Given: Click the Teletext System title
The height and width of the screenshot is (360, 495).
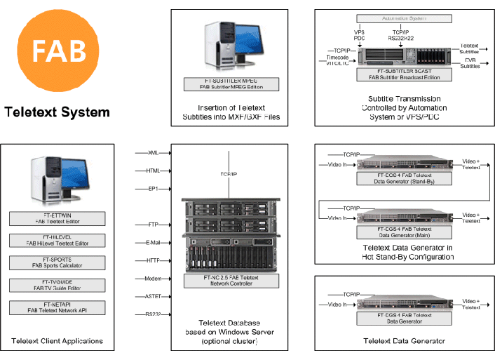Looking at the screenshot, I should coord(57,112).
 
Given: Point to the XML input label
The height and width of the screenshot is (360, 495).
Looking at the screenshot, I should coord(152,152).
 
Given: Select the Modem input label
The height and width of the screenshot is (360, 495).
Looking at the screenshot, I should coord(152,279).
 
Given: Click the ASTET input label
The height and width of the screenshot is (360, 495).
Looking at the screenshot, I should coord(152,297).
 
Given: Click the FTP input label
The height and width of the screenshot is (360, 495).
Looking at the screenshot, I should coord(153,225).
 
